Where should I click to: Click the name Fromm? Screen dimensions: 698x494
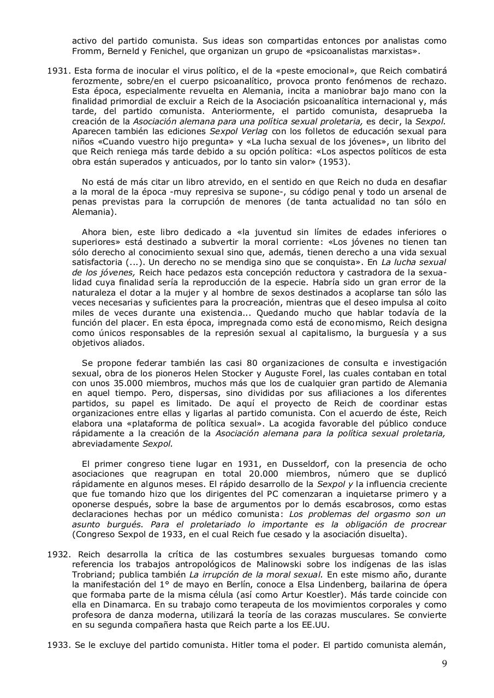coord(84,51)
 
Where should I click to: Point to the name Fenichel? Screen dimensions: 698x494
coord(164,51)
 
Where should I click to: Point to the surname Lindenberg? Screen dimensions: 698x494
coord(312,585)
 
